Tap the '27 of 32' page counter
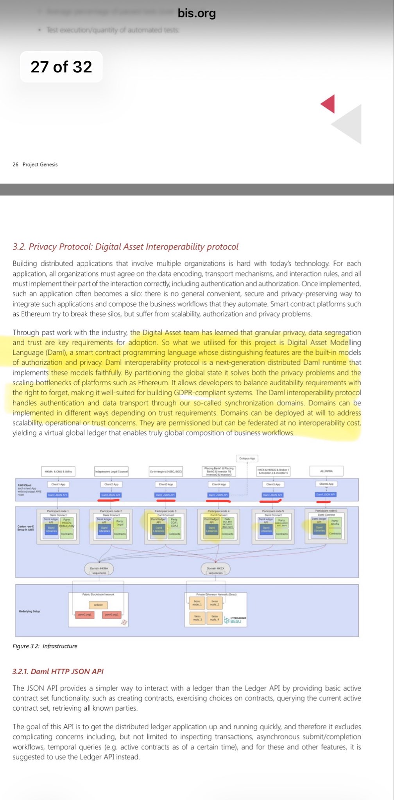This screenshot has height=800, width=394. tap(61, 67)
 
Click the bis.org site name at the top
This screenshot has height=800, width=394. tap(197, 13)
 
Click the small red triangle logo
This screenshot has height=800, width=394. tap(328, 104)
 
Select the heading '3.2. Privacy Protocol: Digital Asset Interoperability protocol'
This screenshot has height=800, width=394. tap(125, 246)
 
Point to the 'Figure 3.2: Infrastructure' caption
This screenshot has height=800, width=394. tap(45, 646)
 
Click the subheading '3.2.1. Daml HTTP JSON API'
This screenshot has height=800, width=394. tap(58, 671)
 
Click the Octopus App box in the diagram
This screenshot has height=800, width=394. tap(247, 458)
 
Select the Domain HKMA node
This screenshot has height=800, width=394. tap(99, 569)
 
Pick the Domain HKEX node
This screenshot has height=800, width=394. tap(215, 569)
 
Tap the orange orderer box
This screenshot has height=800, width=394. tap(98, 605)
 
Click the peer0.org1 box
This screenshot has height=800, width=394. tap(84, 614)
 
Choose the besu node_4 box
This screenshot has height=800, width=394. tap(214, 618)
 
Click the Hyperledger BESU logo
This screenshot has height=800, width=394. tap(235, 620)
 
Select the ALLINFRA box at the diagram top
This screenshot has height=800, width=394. tap(326, 471)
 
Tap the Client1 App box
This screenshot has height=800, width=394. tap(58, 484)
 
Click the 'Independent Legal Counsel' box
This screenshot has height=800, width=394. tap(111, 471)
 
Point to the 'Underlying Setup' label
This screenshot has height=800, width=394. tap(29, 611)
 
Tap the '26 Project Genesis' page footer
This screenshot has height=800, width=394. tap(35, 164)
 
